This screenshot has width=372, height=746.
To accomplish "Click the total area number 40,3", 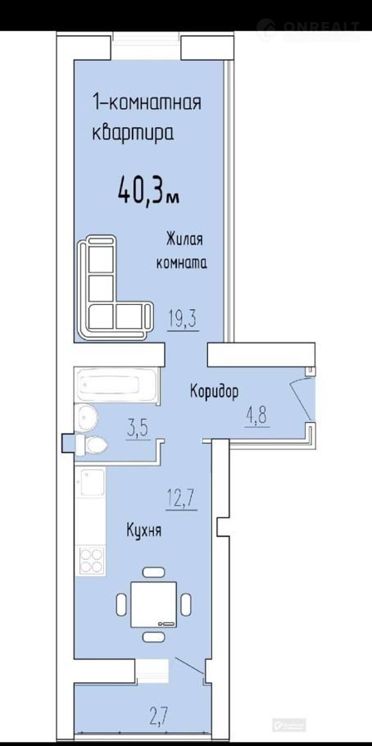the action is click(x=142, y=191).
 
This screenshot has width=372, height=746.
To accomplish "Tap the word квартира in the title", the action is click(x=132, y=131).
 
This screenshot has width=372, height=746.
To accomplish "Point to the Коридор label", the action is click(x=214, y=393).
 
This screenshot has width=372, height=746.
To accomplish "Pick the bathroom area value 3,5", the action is click(x=138, y=430).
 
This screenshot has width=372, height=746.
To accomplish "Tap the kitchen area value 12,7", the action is click(x=181, y=500).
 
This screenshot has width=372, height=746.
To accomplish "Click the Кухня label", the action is click(x=143, y=530).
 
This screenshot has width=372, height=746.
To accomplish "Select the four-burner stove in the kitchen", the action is click(x=92, y=561).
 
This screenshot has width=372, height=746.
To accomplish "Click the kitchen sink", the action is click(x=90, y=482).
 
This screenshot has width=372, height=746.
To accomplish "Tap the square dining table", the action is click(x=154, y=604).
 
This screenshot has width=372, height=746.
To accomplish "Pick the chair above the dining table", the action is click(x=153, y=572).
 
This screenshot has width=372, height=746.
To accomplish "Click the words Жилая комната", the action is click(x=182, y=251).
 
